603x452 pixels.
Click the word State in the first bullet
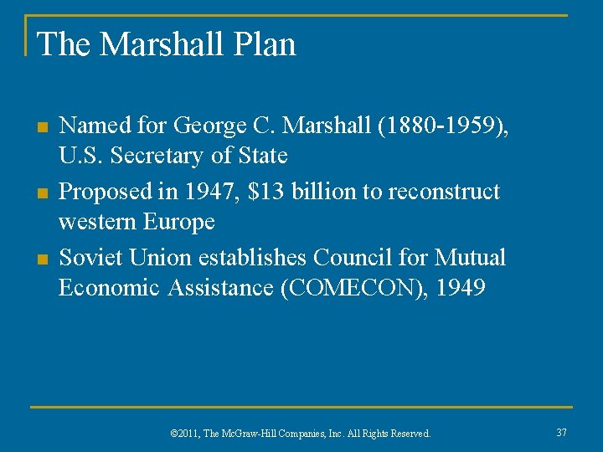[x=260, y=157]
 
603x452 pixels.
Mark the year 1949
[x=459, y=287]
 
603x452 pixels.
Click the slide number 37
[x=561, y=433]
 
